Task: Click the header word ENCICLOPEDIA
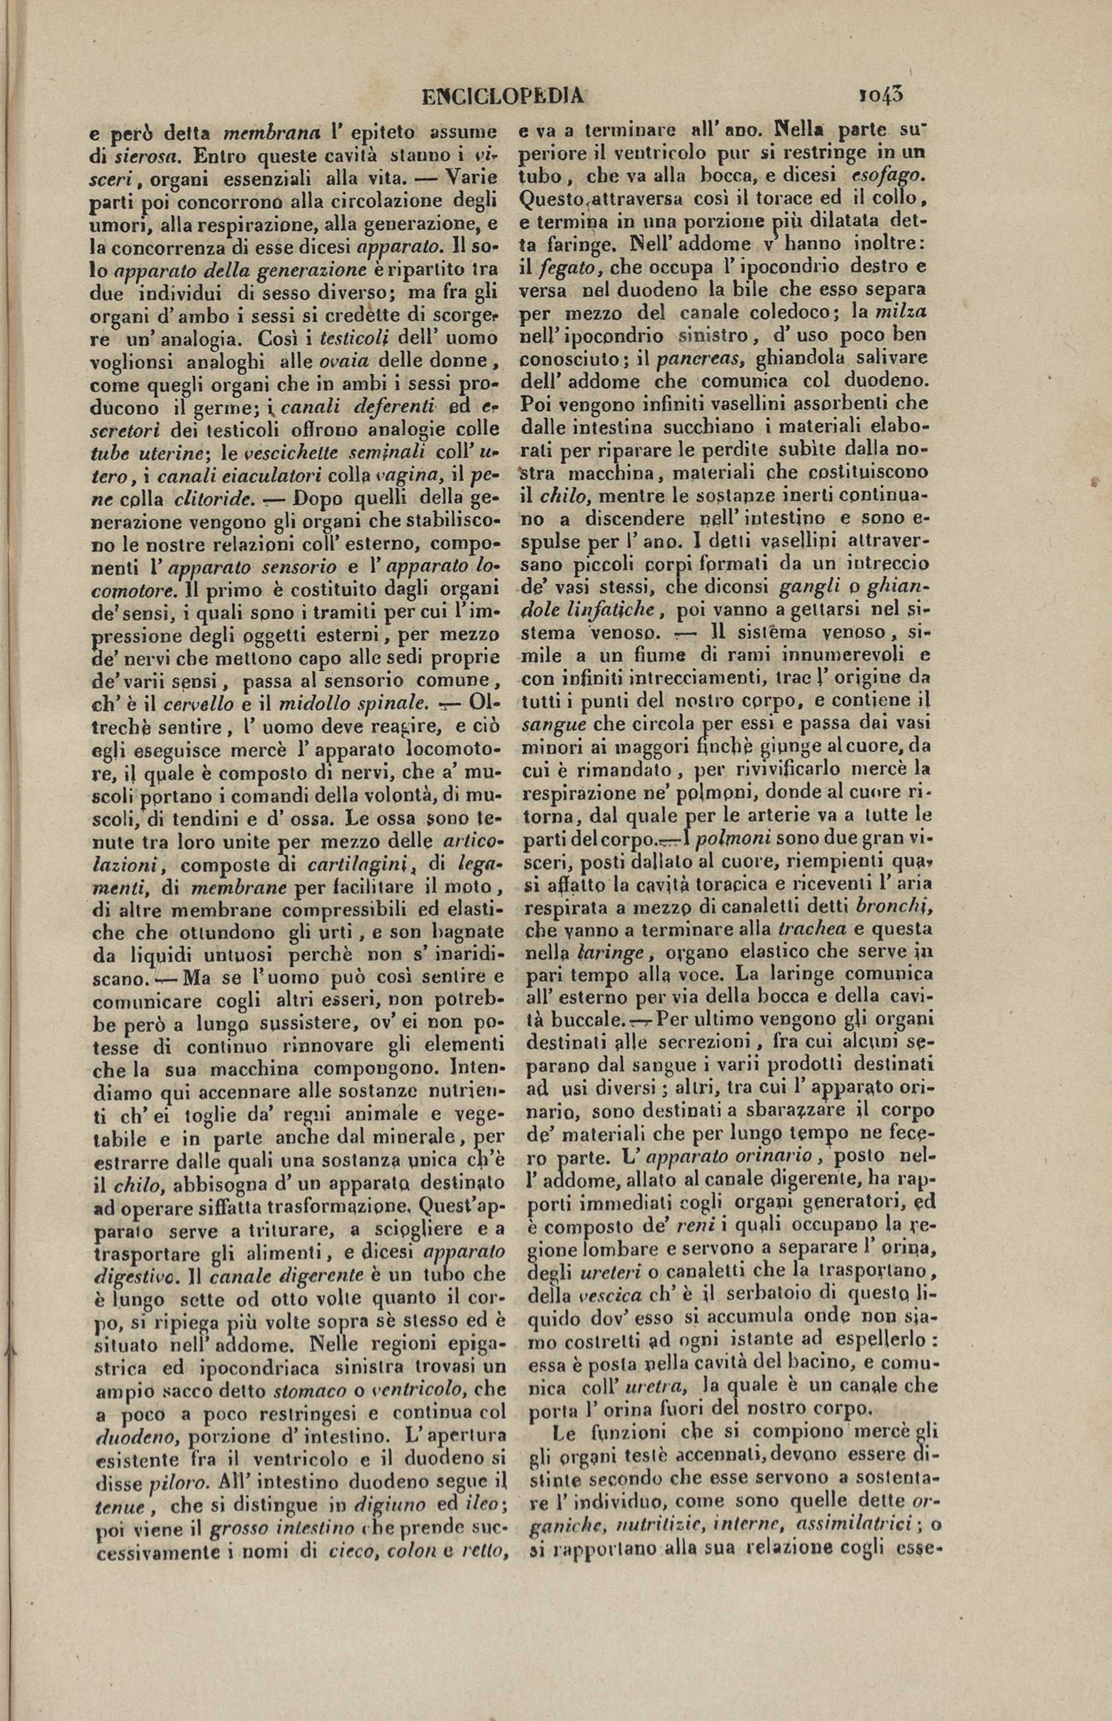coord(503,96)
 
